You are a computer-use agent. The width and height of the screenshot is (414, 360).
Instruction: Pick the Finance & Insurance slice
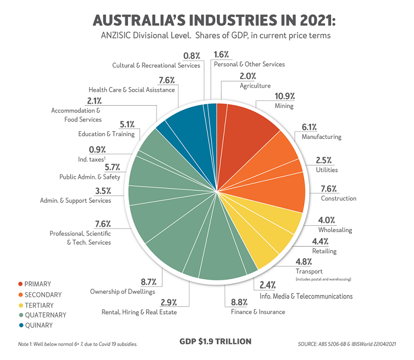(x=223, y=259)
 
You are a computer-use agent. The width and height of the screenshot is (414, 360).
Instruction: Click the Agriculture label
(x=255, y=86)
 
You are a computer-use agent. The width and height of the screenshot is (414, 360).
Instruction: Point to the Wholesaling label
(x=335, y=229)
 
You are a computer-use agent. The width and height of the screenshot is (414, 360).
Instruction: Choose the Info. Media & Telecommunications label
(x=305, y=296)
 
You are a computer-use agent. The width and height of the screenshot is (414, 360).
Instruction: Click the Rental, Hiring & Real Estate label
(x=139, y=312)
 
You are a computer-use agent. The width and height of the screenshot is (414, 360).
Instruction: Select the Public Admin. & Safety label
(x=90, y=177)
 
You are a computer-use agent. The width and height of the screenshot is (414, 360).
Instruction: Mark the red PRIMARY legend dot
(x=20, y=284)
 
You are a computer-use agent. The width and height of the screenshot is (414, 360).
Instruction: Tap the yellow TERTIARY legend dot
(x=20, y=305)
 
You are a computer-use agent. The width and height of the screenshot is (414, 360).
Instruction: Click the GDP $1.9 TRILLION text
(x=215, y=341)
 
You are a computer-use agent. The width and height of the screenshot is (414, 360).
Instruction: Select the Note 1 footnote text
(x=78, y=343)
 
